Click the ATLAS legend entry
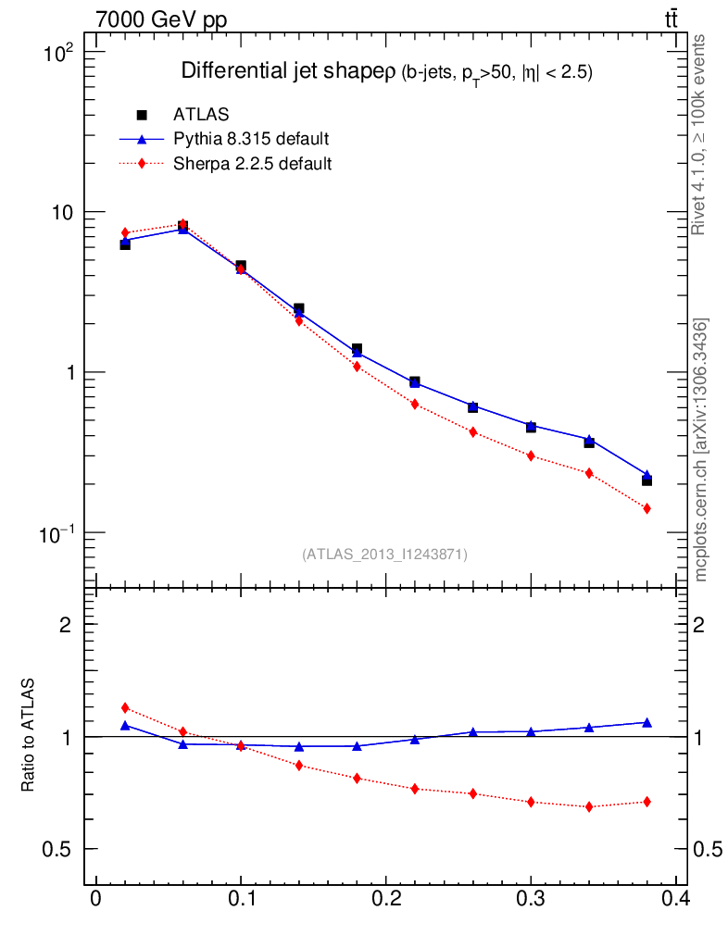pyautogui.click(x=201, y=114)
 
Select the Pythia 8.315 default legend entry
pyautogui.click(x=251, y=139)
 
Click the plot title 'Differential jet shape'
pyautogui.click(x=289, y=71)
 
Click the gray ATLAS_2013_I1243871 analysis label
pyautogui.click(x=384, y=555)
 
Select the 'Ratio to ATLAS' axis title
pyautogui.click(x=28, y=736)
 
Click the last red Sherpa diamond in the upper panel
pyautogui.click(x=646, y=508)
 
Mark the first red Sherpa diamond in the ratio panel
pyautogui.click(x=125, y=708)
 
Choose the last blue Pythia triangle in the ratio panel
pyautogui.click(x=646, y=722)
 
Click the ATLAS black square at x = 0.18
pyautogui.click(x=357, y=349)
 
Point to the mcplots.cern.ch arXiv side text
pyautogui.click(x=702, y=450)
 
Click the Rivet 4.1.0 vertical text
pyautogui.click(x=700, y=135)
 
